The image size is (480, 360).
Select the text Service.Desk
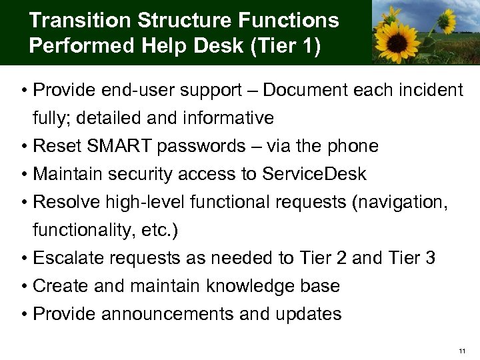coord(314,174)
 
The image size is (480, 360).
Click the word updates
coord(309,314)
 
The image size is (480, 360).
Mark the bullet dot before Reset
coord(25,147)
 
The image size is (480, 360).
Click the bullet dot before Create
coord(25,287)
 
